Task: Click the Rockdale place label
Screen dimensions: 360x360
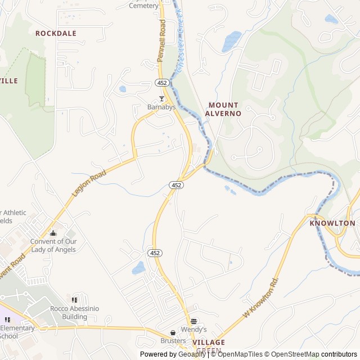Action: (56, 33)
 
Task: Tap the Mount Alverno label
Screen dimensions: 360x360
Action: (223, 109)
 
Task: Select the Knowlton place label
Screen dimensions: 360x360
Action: (332, 223)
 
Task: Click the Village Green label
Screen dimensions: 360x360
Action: (208, 346)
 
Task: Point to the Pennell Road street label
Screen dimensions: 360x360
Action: (162, 40)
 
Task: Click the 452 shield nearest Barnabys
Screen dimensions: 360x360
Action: (162, 83)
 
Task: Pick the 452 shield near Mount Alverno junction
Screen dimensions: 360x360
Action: (176, 184)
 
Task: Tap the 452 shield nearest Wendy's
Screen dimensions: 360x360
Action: (155, 253)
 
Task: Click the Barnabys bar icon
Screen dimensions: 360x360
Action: (161, 98)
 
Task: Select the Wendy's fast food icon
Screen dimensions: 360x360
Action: (194, 321)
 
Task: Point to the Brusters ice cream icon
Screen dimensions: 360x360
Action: (173, 332)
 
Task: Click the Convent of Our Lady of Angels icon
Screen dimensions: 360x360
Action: (53, 233)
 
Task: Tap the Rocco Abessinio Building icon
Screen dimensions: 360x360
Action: (74, 299)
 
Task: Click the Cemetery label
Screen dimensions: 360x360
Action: (144, 6)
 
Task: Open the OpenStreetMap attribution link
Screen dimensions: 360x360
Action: (291, 354)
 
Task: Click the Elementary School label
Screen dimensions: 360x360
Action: (17, 332)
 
